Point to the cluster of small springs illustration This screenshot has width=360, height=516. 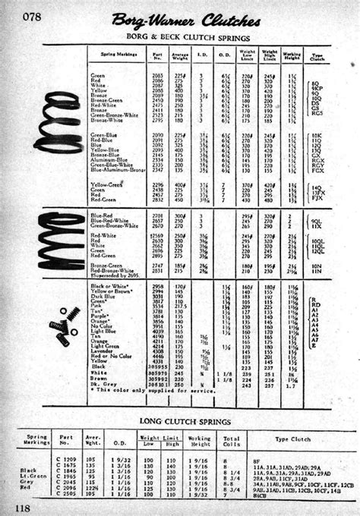point(64,322)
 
